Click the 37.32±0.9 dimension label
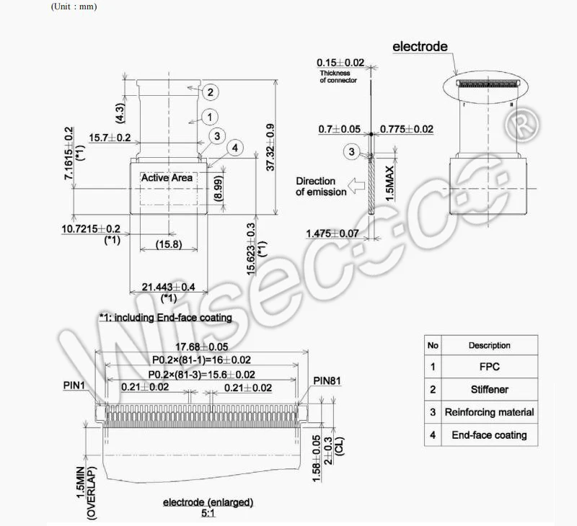tap(270, 148)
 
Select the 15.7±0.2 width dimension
tap(110, 138)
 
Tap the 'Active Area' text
tap(167, 178)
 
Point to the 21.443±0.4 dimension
tap(169, 287)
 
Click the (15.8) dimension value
tap(169, 244)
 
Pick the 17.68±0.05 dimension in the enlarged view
tap(202, 347)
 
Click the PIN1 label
tap(74, 385)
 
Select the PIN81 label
tap(327, 381)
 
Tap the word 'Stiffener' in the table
tap(490, 390)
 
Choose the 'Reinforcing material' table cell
tap(490, 412)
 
